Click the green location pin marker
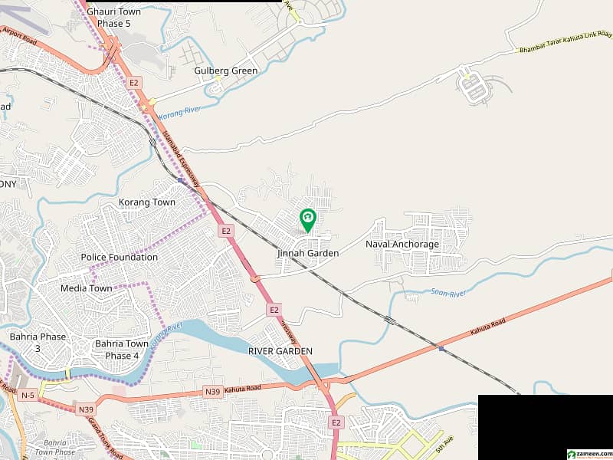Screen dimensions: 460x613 [x=307, y=220]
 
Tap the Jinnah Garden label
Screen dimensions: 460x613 [x=308, y=253]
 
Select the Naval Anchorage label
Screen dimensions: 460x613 [x=402, y=245]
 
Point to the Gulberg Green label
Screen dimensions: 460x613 [x=226, y=71]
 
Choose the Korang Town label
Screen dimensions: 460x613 [x=147, y=202]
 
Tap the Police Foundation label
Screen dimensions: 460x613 [x=120, y=257]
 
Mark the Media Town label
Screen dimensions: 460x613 [x=87, y=288]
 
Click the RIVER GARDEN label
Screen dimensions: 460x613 [x=280, y=350]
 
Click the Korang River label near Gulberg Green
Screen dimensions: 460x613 [x=180, y=112]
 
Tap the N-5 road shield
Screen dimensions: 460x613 [x=28, y=395]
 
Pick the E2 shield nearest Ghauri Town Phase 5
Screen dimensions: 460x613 [x=134, y=82]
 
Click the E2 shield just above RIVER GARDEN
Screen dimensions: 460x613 [x=274, y=310]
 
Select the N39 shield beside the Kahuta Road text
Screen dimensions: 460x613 [x=213, y=392]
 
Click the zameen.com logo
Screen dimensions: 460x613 [x=588, y=453]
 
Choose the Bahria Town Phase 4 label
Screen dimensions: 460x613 [x=122, y=350]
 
